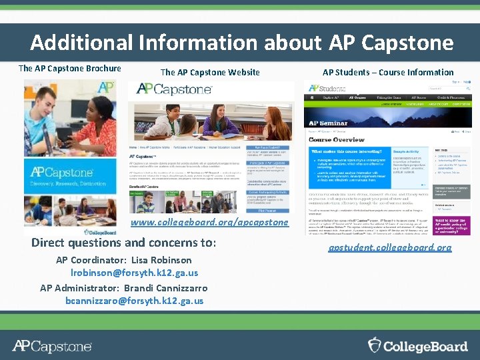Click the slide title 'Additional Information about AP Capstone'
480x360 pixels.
[241, 43]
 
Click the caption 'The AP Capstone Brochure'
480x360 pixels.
[70, 68]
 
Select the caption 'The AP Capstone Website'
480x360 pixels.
[210, 72]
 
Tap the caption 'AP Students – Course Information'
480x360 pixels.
[388, 72]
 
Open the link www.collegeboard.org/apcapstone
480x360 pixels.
[210, 222]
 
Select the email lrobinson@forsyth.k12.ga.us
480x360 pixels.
[135, 273]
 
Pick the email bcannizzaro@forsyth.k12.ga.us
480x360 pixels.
[135, 301]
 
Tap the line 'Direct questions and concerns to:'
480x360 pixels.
[124, 243]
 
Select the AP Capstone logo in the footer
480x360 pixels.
[52, 346]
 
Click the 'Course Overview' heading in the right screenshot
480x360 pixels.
[336, 140]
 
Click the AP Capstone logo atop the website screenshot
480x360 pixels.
[168, 89]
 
